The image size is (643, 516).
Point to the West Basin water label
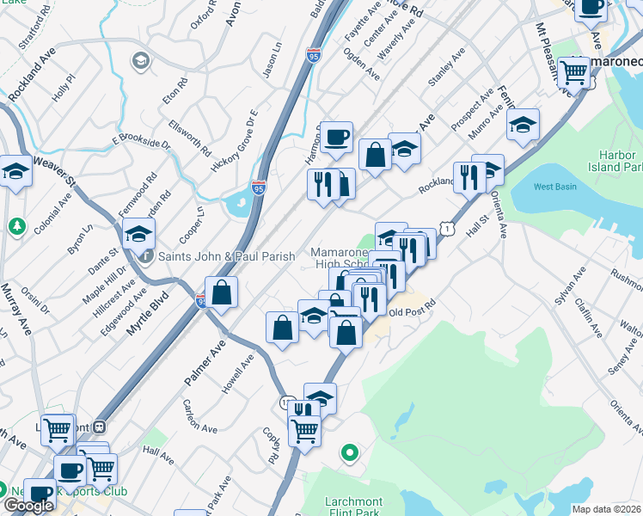[x=554, y=187]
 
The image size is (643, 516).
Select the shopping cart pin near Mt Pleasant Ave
[x=573, y=72]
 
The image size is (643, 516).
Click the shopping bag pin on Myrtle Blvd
[x=222, y=292]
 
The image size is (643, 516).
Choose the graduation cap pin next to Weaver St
[x=15, y=172]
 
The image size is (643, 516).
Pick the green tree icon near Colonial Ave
[x=15, y=226]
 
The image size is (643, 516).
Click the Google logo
[x=28, y=505]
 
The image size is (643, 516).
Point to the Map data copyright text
[x=607, y=509]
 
